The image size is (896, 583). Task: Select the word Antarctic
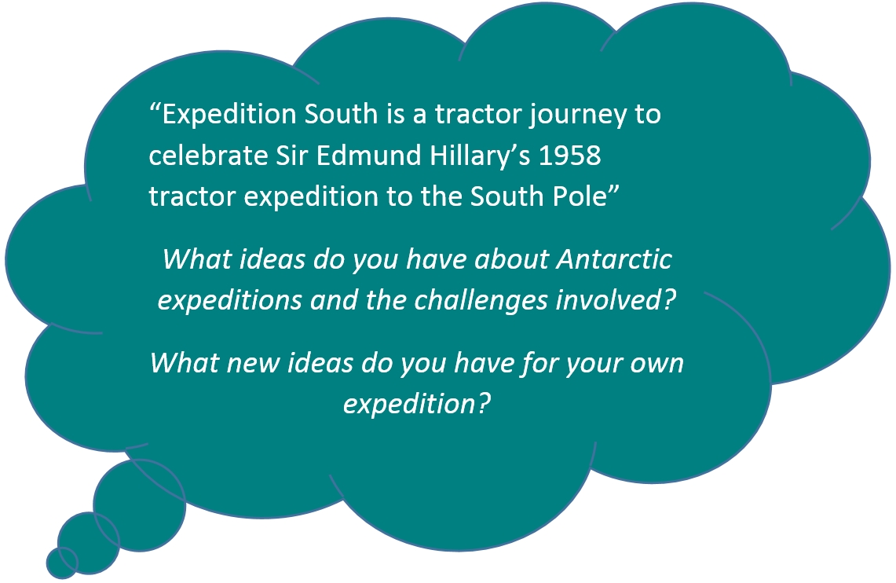point(614,259)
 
